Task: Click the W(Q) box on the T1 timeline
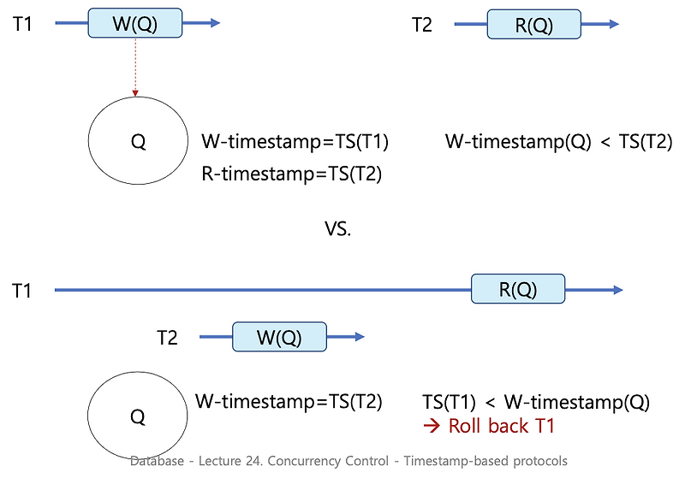coord(134,23)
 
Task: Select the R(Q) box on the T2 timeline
coord(533,25)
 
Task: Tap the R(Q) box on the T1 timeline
coord(518,290)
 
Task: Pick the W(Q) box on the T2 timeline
coord(279,337)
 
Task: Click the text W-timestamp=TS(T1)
coord(295,142)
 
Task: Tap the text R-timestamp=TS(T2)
coord(291,174)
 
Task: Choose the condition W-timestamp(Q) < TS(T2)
coord(558,142)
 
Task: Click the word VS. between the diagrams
coord(337,230)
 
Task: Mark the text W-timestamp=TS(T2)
coord(289,401)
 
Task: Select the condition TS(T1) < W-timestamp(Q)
coord(536,401)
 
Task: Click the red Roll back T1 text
coord(489,426)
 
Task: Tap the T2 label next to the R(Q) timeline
coord(422,25)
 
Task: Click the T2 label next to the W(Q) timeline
coord(167,338)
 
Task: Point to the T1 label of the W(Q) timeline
coord(22,25)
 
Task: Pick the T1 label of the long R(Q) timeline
coord(22,292)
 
